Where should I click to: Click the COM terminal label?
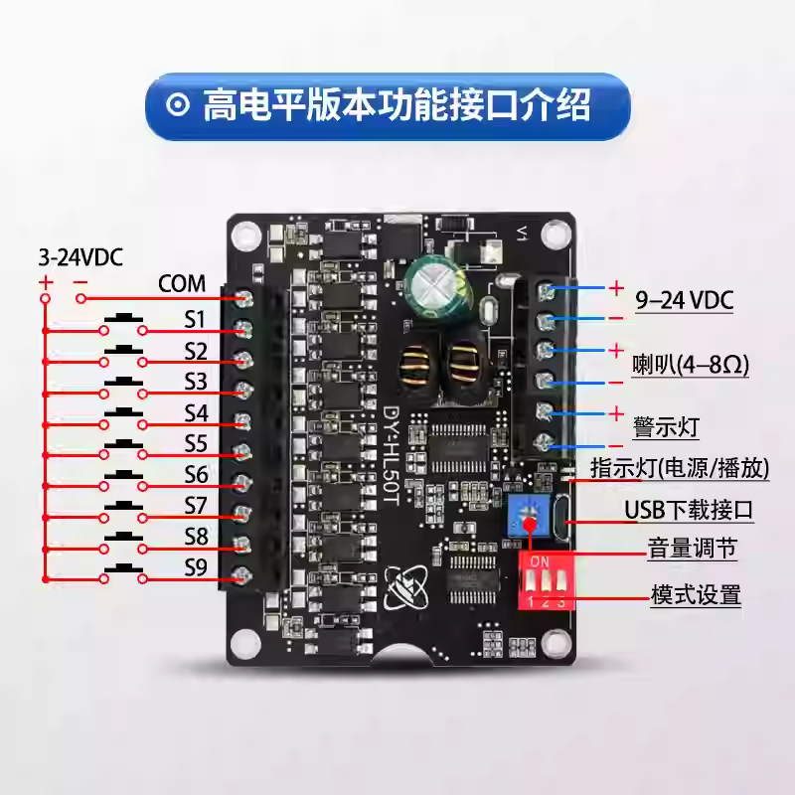click(182, 283)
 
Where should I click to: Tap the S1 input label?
click(195, 319)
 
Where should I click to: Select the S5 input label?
click(196, 443)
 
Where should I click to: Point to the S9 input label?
click(196, 567)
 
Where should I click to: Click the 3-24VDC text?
click(81, 257)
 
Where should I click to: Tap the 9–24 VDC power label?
click(685, 300)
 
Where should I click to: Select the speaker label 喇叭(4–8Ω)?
click(691, 365)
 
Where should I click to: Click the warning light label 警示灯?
click(667, 427)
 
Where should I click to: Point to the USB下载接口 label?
click(689, 510)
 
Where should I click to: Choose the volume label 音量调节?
click(692, 549)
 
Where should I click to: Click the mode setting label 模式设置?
click(697, 594)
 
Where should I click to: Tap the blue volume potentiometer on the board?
click(528, 515)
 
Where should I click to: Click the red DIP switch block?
click(546, 580)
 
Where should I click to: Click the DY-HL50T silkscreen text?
click(392, 454)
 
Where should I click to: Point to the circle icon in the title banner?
click(178, 105)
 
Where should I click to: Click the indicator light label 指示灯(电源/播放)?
click(680, 467)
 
